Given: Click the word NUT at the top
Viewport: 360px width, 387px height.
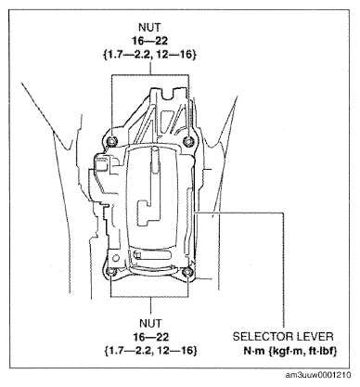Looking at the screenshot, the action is click(x=150, y=27).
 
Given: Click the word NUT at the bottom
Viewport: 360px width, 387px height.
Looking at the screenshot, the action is click(x=150, y=323).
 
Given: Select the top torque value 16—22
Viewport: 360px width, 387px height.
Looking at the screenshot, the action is click(x=150, y=41).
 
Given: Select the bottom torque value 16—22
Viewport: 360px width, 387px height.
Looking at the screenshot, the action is click(x=151, y=337).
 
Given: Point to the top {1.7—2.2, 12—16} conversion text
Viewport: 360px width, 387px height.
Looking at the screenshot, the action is click(x=149, y=55).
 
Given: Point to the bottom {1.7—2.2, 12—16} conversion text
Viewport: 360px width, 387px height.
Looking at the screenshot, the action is click(x=150, y=351).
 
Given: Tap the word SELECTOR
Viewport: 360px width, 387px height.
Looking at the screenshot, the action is click(x=260, y=337).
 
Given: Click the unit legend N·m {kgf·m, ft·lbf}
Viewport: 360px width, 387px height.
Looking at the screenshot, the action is click(x=290, y=351).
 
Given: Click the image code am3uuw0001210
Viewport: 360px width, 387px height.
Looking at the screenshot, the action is click(x=318, y=375).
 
